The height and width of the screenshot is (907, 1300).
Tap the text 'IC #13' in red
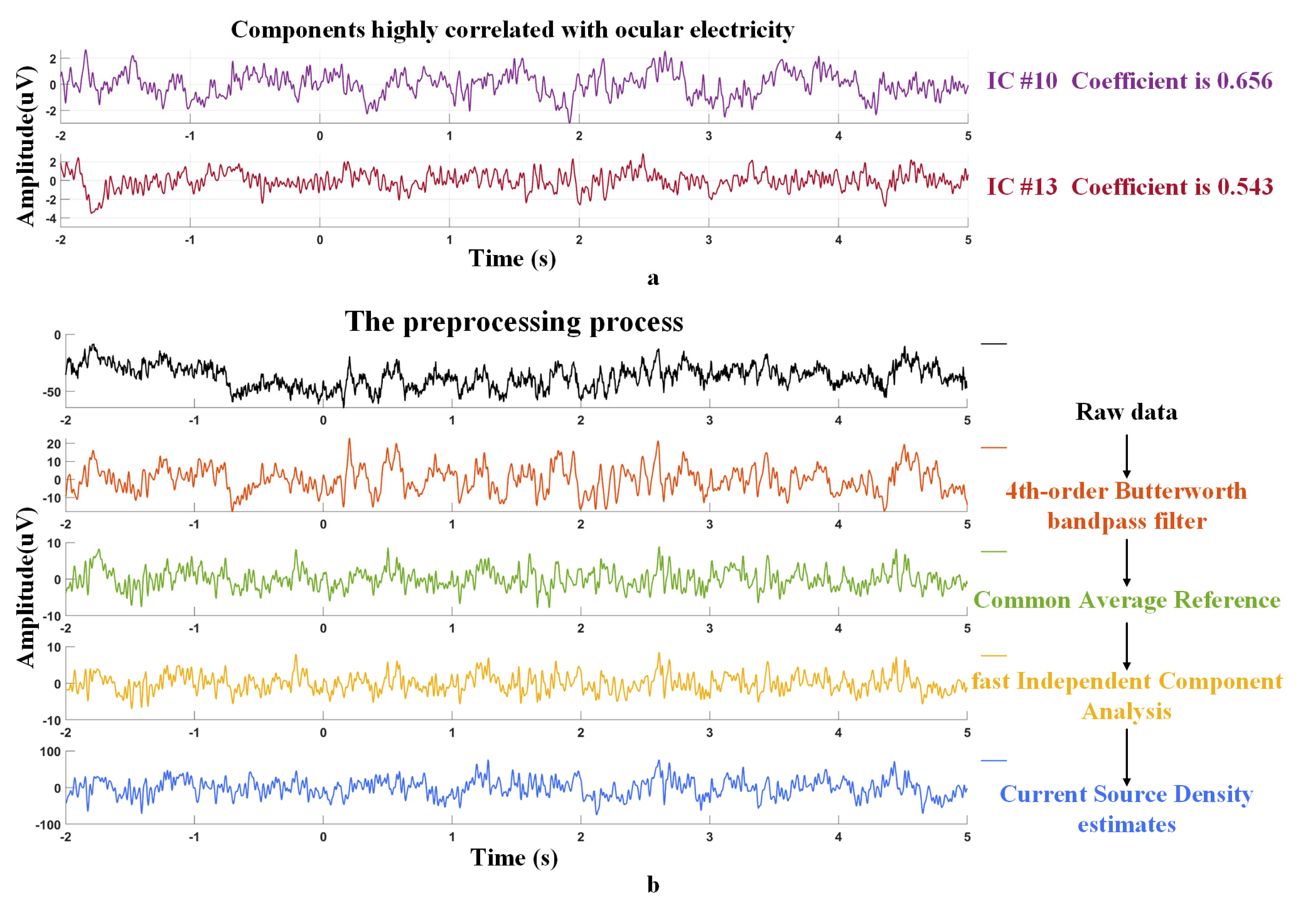coord(1022,187)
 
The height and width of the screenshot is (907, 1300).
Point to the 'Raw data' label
coord(1126,412)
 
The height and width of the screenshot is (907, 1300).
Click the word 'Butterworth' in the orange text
coord(1181,491)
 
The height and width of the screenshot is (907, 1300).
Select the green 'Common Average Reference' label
coord(1126,599)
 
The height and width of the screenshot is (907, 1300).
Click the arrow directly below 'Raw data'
coord(1126,456)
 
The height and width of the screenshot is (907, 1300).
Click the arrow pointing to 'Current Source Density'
coord(1126,756)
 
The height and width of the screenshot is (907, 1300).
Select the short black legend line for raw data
coord(993,344)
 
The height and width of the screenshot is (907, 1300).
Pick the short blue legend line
coord(993,760)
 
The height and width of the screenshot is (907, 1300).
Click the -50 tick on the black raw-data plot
coord(51,392)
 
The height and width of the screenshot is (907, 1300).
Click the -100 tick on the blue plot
coord(48,825)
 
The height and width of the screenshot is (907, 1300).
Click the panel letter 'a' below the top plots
coord(653,278)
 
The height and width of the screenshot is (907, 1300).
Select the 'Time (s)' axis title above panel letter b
coord(513,858)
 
